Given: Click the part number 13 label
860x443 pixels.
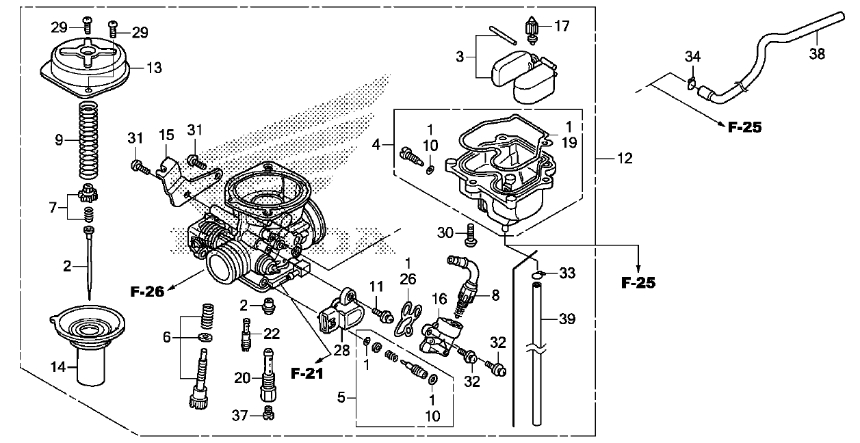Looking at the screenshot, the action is coord(155,68).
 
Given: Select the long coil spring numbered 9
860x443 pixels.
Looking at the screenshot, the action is coord(88,141).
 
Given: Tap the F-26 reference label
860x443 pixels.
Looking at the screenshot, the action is coord(147,291).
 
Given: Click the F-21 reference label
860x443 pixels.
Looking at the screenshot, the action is coord(307,373).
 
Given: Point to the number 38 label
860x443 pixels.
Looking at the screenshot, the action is coord(817,54).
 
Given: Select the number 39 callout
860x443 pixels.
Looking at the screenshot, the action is coord(567,319).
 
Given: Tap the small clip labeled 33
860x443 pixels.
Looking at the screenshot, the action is coord(538,275).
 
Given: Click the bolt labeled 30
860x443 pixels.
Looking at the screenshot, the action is coord(471,235).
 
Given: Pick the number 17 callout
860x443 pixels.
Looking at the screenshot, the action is coord(562,26).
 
